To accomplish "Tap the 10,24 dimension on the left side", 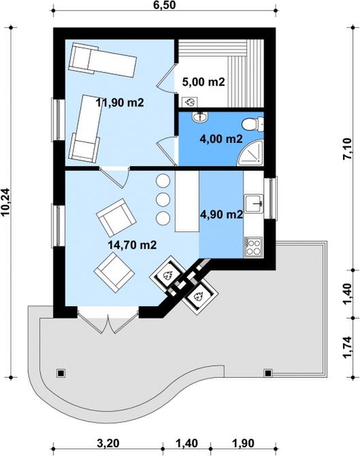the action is click(x=6, y=202).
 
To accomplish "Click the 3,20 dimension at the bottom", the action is click(x=108, y=444).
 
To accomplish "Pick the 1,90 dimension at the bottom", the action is click(x=244, y=444).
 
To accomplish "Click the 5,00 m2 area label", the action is click(x=203, y=82).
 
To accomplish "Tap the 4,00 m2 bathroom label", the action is click(x=221, y=139).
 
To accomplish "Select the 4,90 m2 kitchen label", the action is click(x=222, y=214).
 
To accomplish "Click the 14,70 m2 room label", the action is click(x=132, y=245).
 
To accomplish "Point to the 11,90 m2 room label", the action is click(x=120, y=102).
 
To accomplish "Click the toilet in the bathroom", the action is click(x=252, y=124).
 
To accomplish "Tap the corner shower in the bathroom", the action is click(x=250, y=153).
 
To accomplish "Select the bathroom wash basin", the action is click(x=199, y=116).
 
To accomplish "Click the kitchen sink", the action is click(x=254, y=203).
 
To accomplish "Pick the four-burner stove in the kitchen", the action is click(x=253, y=247).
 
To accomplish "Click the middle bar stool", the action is click(x=163, y=199).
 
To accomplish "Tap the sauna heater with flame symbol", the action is click(x=190, y=102).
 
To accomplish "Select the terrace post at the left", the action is click(x=61, y=373).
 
